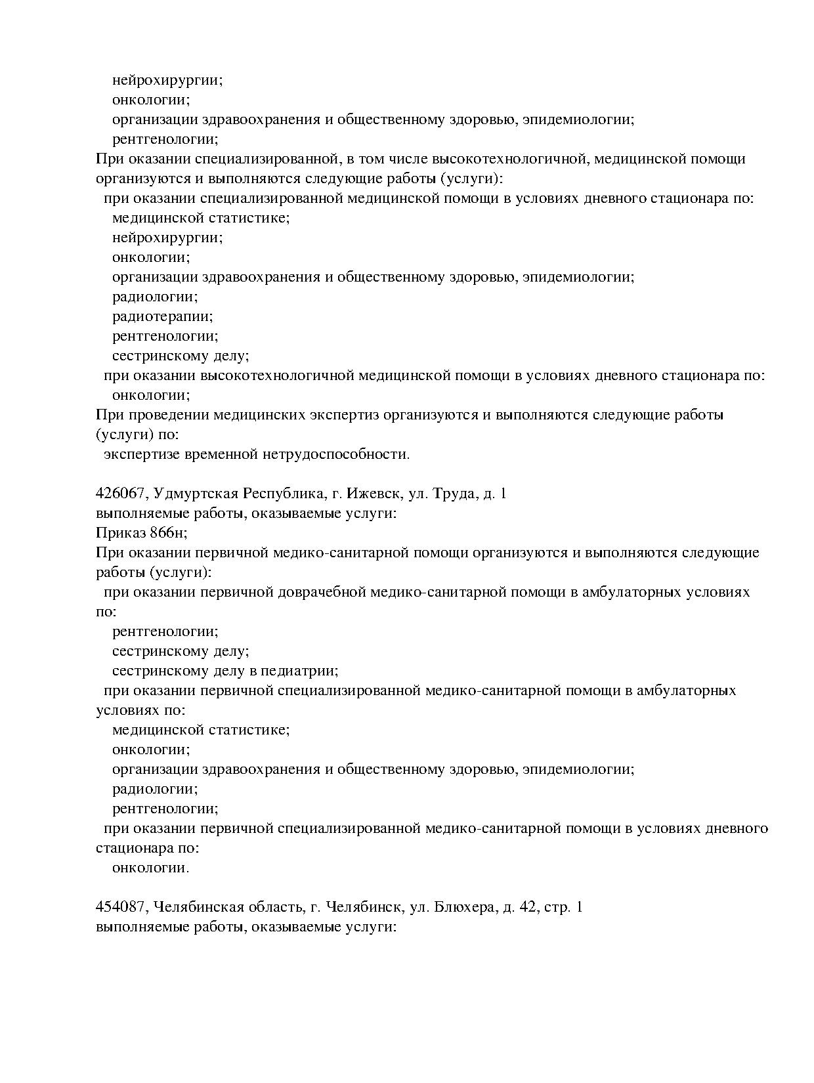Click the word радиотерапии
(162, 317)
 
